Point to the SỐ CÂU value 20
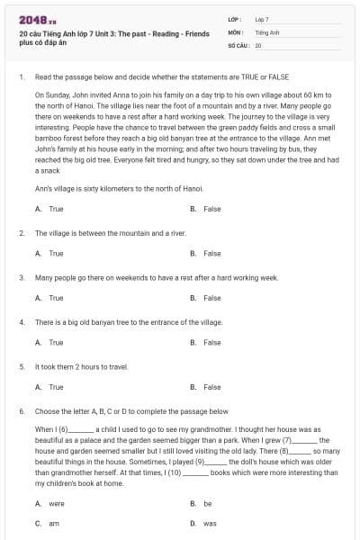click(258, 44)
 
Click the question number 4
click(21, 321)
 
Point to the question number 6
click(21, 410)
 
